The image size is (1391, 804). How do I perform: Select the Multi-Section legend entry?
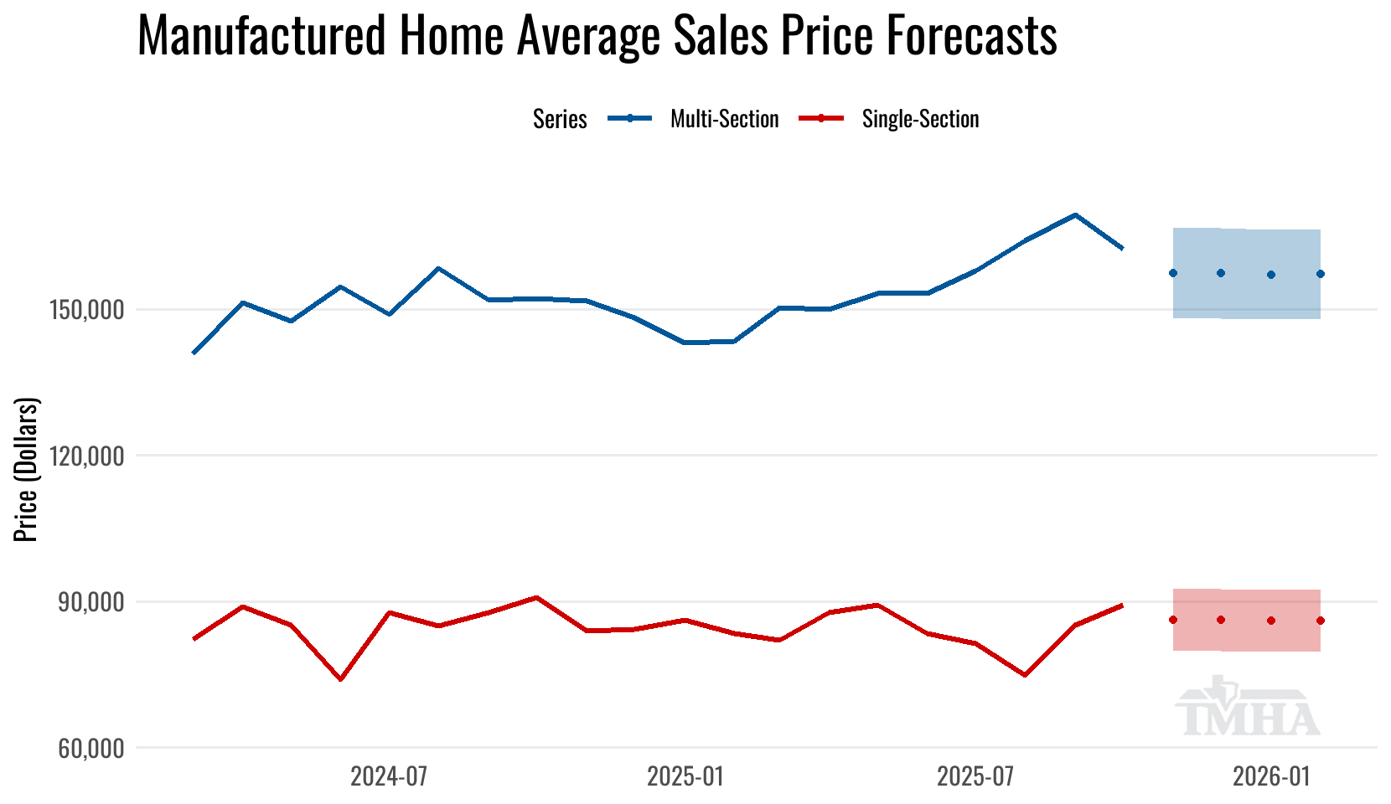724,119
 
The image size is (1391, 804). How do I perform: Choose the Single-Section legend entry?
920,119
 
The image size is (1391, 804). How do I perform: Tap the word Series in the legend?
560,119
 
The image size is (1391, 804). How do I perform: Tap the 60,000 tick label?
91,748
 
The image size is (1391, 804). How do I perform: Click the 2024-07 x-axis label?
389,776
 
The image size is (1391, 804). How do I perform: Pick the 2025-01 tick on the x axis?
685,776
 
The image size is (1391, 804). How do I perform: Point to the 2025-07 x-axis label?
975,776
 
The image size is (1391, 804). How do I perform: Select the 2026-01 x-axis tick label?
1271,776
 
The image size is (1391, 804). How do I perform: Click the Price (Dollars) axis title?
27,470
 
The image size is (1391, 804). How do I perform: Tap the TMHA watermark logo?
1248,710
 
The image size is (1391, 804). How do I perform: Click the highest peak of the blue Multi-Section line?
1074,215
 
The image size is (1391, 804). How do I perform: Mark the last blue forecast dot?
1320,274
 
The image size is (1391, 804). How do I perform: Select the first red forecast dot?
1173,620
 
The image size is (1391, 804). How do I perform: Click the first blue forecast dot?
1173,273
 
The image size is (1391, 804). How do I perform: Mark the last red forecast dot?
1320,621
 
